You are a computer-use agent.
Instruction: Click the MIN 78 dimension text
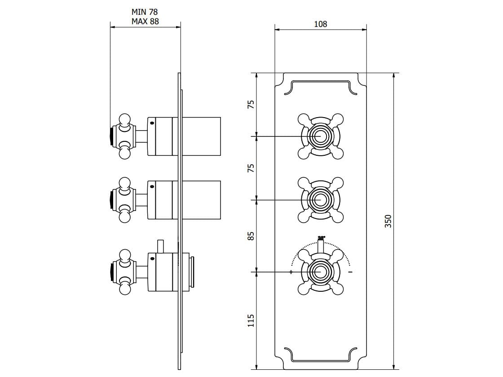point(145,12)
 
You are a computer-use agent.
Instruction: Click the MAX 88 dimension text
point(145,21)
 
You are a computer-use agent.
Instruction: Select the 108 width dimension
point(320,24)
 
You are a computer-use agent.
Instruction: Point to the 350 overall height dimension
point(389,221)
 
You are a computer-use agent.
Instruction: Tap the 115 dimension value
point(251,320)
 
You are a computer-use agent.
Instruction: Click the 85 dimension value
point(251,236)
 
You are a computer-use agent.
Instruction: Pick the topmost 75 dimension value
point(251,104)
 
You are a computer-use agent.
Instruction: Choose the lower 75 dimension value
point(251,168)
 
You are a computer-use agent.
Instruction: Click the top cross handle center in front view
point(320,136)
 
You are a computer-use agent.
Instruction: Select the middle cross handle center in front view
point(320,200)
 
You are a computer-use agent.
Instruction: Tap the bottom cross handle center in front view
point(320,272)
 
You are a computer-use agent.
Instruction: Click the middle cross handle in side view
point(124,200)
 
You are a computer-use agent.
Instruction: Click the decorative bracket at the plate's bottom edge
point(320,356)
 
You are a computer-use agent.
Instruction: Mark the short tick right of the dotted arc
point(350,272)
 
